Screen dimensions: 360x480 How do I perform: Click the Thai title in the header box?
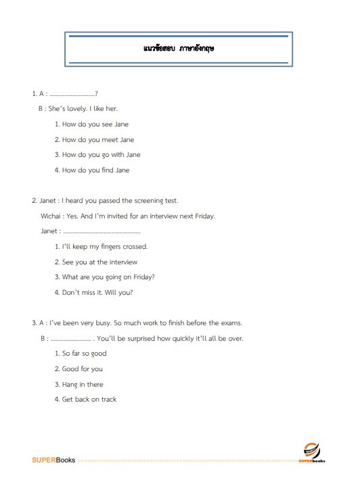pos(179,49)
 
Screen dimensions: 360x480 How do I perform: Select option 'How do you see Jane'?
pos(95,124)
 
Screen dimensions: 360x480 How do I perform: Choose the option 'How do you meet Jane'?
pos(97,140)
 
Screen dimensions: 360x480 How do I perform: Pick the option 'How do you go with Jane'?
pos(101,155)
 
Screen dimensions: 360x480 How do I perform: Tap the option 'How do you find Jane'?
pos(95,170)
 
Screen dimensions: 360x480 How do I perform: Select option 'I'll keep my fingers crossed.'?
pos(104,247)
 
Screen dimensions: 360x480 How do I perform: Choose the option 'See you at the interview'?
pos(99,262)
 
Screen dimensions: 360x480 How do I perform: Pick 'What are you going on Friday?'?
pos(108,277)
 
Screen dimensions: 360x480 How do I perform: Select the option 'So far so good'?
pos(84,354)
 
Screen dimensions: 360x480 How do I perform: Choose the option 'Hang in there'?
pos(83,384)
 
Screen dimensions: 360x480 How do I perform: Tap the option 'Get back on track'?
pos(89,400)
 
